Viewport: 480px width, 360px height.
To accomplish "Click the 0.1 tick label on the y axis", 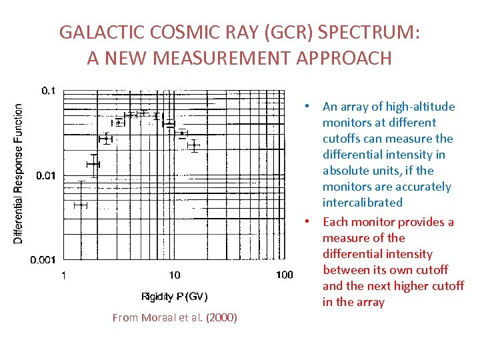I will pyautogui.click(x=48, y=90).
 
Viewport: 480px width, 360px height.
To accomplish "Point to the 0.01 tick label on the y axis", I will pyautogui.click(x=45, y=175).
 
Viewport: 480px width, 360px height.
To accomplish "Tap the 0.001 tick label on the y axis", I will pyautogui.click(x=42, y=259).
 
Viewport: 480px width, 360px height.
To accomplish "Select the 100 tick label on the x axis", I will pyautogui.click(x=284, y=275).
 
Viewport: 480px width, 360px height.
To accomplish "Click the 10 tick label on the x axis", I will pyautogui.click(x=174, y=275).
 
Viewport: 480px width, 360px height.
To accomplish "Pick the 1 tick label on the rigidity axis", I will pyautogui.click(x=63, y=275).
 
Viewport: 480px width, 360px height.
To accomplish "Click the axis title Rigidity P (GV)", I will pyautogui.click(x=175, y=296).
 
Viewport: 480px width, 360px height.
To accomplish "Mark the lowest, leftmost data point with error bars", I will pyautogui.click(x=81, y=205).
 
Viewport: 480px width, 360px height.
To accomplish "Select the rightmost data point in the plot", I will pyautogui.click(x=194, y=145).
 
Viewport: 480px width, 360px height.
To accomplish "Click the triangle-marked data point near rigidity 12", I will pyautogui.click(x=182, y=133).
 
